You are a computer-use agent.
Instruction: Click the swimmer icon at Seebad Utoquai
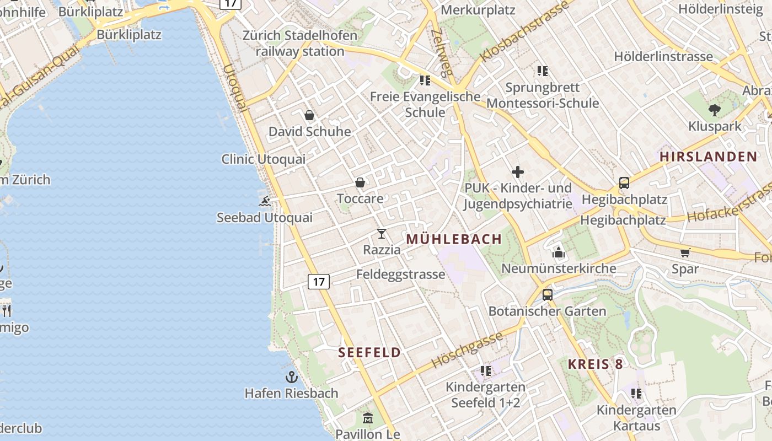265,201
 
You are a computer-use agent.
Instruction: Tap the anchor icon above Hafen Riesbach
291,377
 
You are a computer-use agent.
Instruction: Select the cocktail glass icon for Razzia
382,234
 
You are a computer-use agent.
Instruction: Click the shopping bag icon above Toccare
360,182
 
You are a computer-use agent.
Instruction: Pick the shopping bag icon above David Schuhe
309,115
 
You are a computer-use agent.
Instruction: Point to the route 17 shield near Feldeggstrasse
319,282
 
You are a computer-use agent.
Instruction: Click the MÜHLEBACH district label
454,239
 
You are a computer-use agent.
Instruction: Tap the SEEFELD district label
369,353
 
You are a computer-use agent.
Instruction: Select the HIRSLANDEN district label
709,157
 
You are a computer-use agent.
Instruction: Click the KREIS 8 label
596,364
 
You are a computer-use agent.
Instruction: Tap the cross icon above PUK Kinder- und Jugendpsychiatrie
517,172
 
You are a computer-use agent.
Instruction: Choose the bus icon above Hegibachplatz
624,183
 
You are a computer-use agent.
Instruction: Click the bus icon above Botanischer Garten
547,295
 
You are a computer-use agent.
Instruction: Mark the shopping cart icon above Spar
685,253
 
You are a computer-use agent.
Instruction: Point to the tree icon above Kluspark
715,110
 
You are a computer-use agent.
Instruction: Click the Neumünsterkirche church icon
559,253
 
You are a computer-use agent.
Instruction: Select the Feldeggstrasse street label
400,275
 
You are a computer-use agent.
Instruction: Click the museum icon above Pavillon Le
368,418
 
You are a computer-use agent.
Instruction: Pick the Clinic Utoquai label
263,159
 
